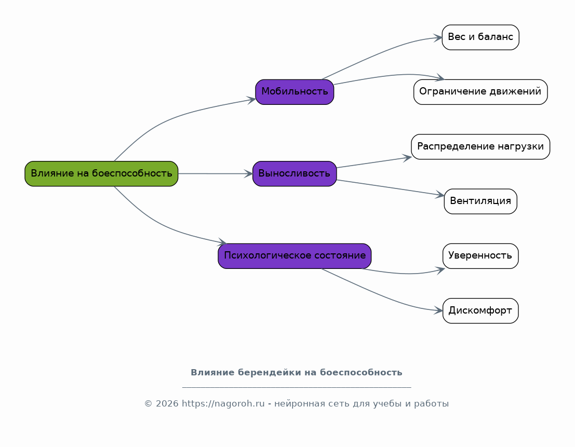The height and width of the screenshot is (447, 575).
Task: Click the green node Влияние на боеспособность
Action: [x=101, y=174]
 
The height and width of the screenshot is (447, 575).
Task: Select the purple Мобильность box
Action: [x=295, y=92]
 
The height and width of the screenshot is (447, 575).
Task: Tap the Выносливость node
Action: [x=295, y=174]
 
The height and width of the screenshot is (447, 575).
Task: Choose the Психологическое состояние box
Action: [x=295, y=256]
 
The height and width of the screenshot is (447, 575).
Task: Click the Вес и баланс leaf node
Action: [x=480, y=37]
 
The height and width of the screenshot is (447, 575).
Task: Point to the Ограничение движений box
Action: [x=480, y=92]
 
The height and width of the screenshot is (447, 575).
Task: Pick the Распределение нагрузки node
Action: [x=480, y=146]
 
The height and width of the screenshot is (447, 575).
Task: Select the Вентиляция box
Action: [x=480, y=201]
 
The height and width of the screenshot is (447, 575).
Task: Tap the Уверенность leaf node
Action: [x=480, y=256]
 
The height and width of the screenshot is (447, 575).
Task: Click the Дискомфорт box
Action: [x=480, y=310]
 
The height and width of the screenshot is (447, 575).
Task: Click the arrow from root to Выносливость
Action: [x=215, y=174]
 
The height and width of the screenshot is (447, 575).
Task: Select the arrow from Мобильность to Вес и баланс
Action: [x=381, y=52]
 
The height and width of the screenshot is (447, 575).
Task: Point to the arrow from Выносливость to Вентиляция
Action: [x=391, y=187]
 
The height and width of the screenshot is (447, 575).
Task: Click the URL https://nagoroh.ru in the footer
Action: [x=223, y=404]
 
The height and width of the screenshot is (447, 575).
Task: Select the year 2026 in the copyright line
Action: [x=167, y=404]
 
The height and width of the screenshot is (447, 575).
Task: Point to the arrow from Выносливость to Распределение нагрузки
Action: [x=374, y=162]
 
